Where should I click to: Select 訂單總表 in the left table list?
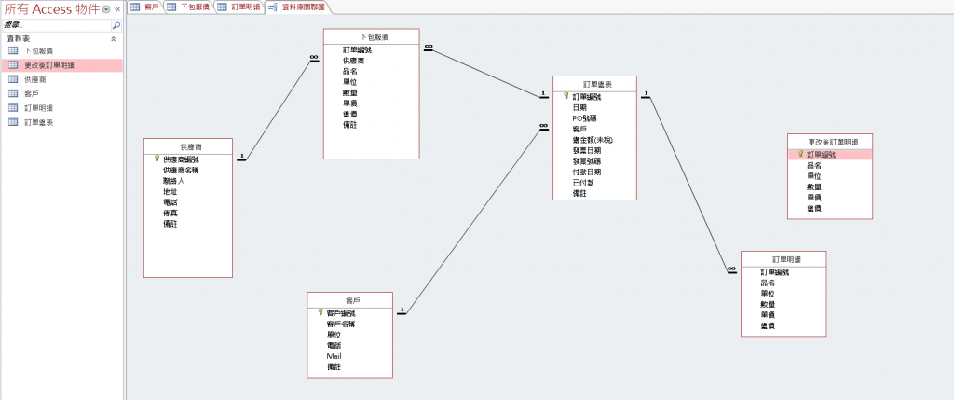coord(38,121)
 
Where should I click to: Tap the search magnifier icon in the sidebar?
coord(116,26)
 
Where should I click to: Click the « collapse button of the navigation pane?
coord(117,8)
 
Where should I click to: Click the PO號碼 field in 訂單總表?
coord(585,118)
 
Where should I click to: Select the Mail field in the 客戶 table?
coord(334,356)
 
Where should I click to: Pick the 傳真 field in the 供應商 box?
coord(170,213)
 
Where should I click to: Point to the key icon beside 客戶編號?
coord(321,312)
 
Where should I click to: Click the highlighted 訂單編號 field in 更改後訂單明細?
coord(823,155)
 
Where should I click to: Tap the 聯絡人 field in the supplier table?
coord(174,181)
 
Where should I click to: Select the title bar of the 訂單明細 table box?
coord(783,258)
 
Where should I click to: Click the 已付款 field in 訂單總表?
coord(583,182)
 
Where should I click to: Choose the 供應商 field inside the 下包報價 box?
coord(354,60)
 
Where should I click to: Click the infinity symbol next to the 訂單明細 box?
coord(731,269)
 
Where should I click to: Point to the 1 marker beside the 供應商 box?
coord(241,157)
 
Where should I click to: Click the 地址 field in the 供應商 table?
coord(170,191)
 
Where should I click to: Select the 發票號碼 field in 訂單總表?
coord(587,160)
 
